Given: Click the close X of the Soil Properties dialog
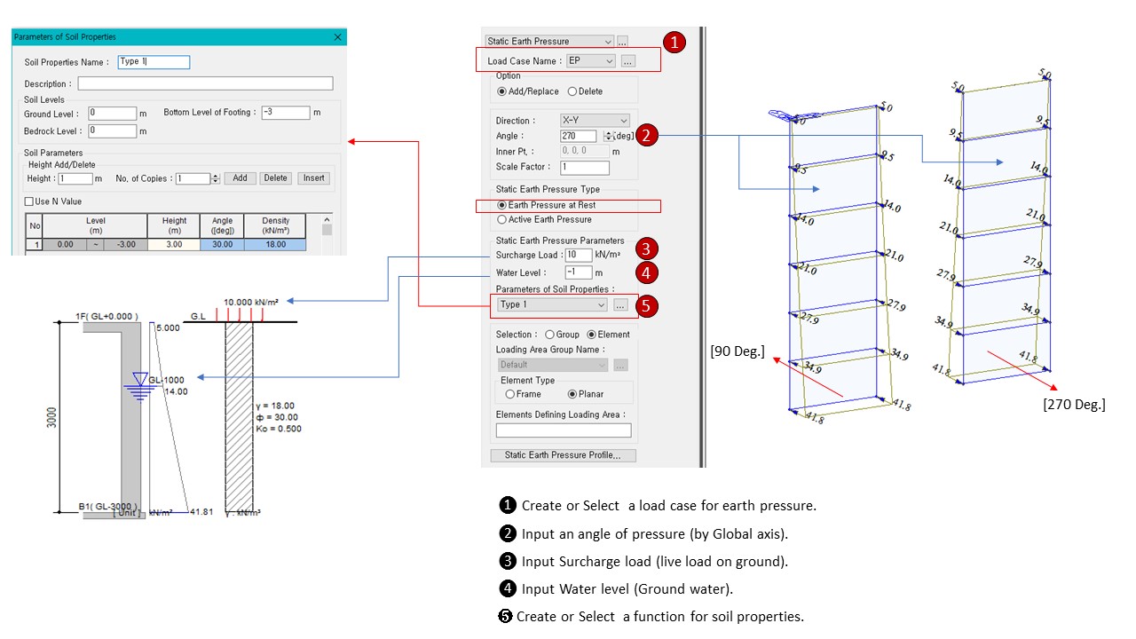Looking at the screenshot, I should pyautogui.click(x=337, y=37).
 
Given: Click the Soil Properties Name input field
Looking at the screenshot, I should pyautogui.click(x=154, y=62).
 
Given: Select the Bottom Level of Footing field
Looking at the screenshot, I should pyautogui.click(x=286, y=113).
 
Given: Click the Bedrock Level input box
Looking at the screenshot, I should pyautogui.click(x=113, y=131).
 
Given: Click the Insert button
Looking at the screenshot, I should pyautogui.click(x=313, y=178).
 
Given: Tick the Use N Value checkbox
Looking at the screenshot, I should pyautogui.click(x=30, y=201).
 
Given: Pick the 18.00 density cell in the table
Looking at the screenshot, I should pyautogui.click(x=275, y=244).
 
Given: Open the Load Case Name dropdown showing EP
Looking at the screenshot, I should pyautogui.click(x=591, y=61).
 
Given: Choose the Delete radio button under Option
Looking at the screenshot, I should pyautogui.click(x=572, y=91).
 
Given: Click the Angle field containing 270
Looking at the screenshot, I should pyautogui.click(x=579, y=137).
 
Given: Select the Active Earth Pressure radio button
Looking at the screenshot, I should pyautogui.click(x=503, y=219).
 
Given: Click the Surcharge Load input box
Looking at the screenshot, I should pyautogui.click(x=578, y=256).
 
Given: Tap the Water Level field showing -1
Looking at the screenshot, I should pyautogui.click(x=578, y=272).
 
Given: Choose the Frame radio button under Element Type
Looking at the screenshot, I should pyautogui.click(x=510, y=394).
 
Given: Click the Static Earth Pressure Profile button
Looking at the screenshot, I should pyautogui.click(x=563, y=455).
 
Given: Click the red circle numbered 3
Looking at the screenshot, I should pyautogui.click(x=648, y=248).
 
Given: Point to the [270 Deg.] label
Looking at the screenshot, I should pyautogui.click(x=1074, y=405).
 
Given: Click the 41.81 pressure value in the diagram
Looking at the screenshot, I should pyautogui.click(x=202, y=512).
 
